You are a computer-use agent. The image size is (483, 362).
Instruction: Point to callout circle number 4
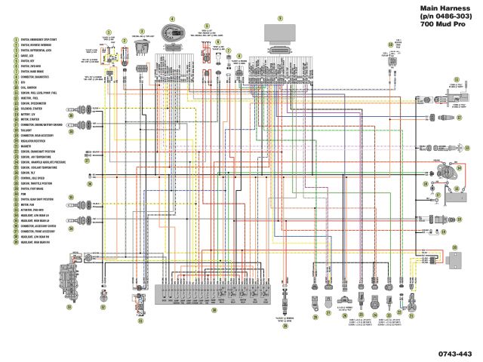(173, 19)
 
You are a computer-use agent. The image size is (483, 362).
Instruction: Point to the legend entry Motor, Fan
(29, 204)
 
